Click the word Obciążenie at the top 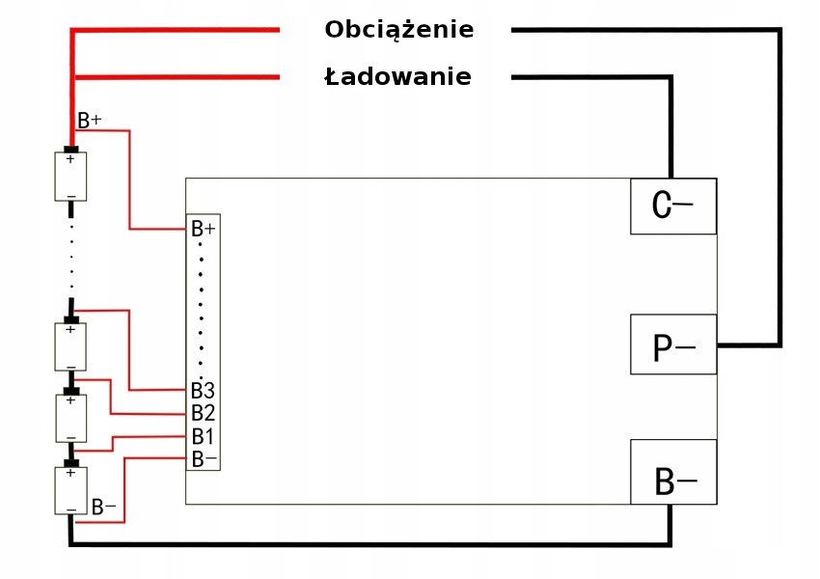(x=398, y=30)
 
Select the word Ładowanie (x=397, y=77)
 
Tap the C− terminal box (x=673, y=206)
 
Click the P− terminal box (x=673, y=345)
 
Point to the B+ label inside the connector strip (x=204, y=229)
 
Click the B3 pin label (x=203, y=391)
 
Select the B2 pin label (x=203, y=413)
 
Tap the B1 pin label (x=203, y=436)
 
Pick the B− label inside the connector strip (x=204, y=458)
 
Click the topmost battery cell (x=70, y=176)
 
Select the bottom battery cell (x=70, y=490)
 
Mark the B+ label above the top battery (x=90, y=121)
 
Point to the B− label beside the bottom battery (x=103, y=507)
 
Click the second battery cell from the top (x=70, y=345)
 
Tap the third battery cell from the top (x=70, y=418)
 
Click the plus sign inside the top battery (x=69, y=160)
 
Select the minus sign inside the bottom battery (x=70, y=508)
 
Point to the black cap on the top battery (x=70, y=149)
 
